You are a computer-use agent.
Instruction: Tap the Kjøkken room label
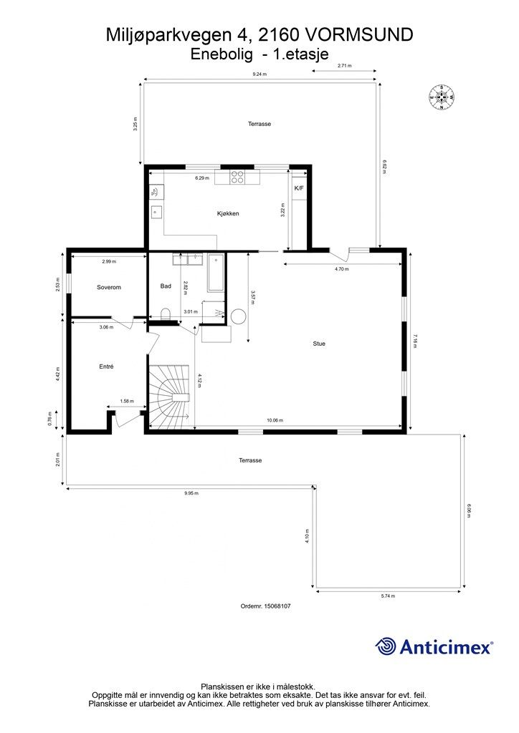(228, 213)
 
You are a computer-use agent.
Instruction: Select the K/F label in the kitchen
(299, 188)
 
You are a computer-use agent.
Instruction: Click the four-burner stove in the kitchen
(237, 177)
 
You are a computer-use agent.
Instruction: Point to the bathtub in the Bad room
(216, 273)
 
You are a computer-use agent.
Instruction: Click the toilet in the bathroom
(166, 314)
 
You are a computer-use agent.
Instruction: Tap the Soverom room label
(109, 287)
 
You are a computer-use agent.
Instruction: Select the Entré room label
(106, 366)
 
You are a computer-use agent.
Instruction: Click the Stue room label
(319, 344)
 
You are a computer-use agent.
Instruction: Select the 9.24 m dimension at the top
(259, 74)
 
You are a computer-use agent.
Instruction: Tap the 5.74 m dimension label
(389, 596)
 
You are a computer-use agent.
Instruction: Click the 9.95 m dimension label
(191, 493)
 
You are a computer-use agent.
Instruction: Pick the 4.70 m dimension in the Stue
(342, 269)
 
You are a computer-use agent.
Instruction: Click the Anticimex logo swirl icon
(386, 646)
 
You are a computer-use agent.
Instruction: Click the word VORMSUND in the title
(359, 34)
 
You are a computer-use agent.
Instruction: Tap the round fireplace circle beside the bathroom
(237, 316)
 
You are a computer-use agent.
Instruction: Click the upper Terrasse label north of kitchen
(259, 124)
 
